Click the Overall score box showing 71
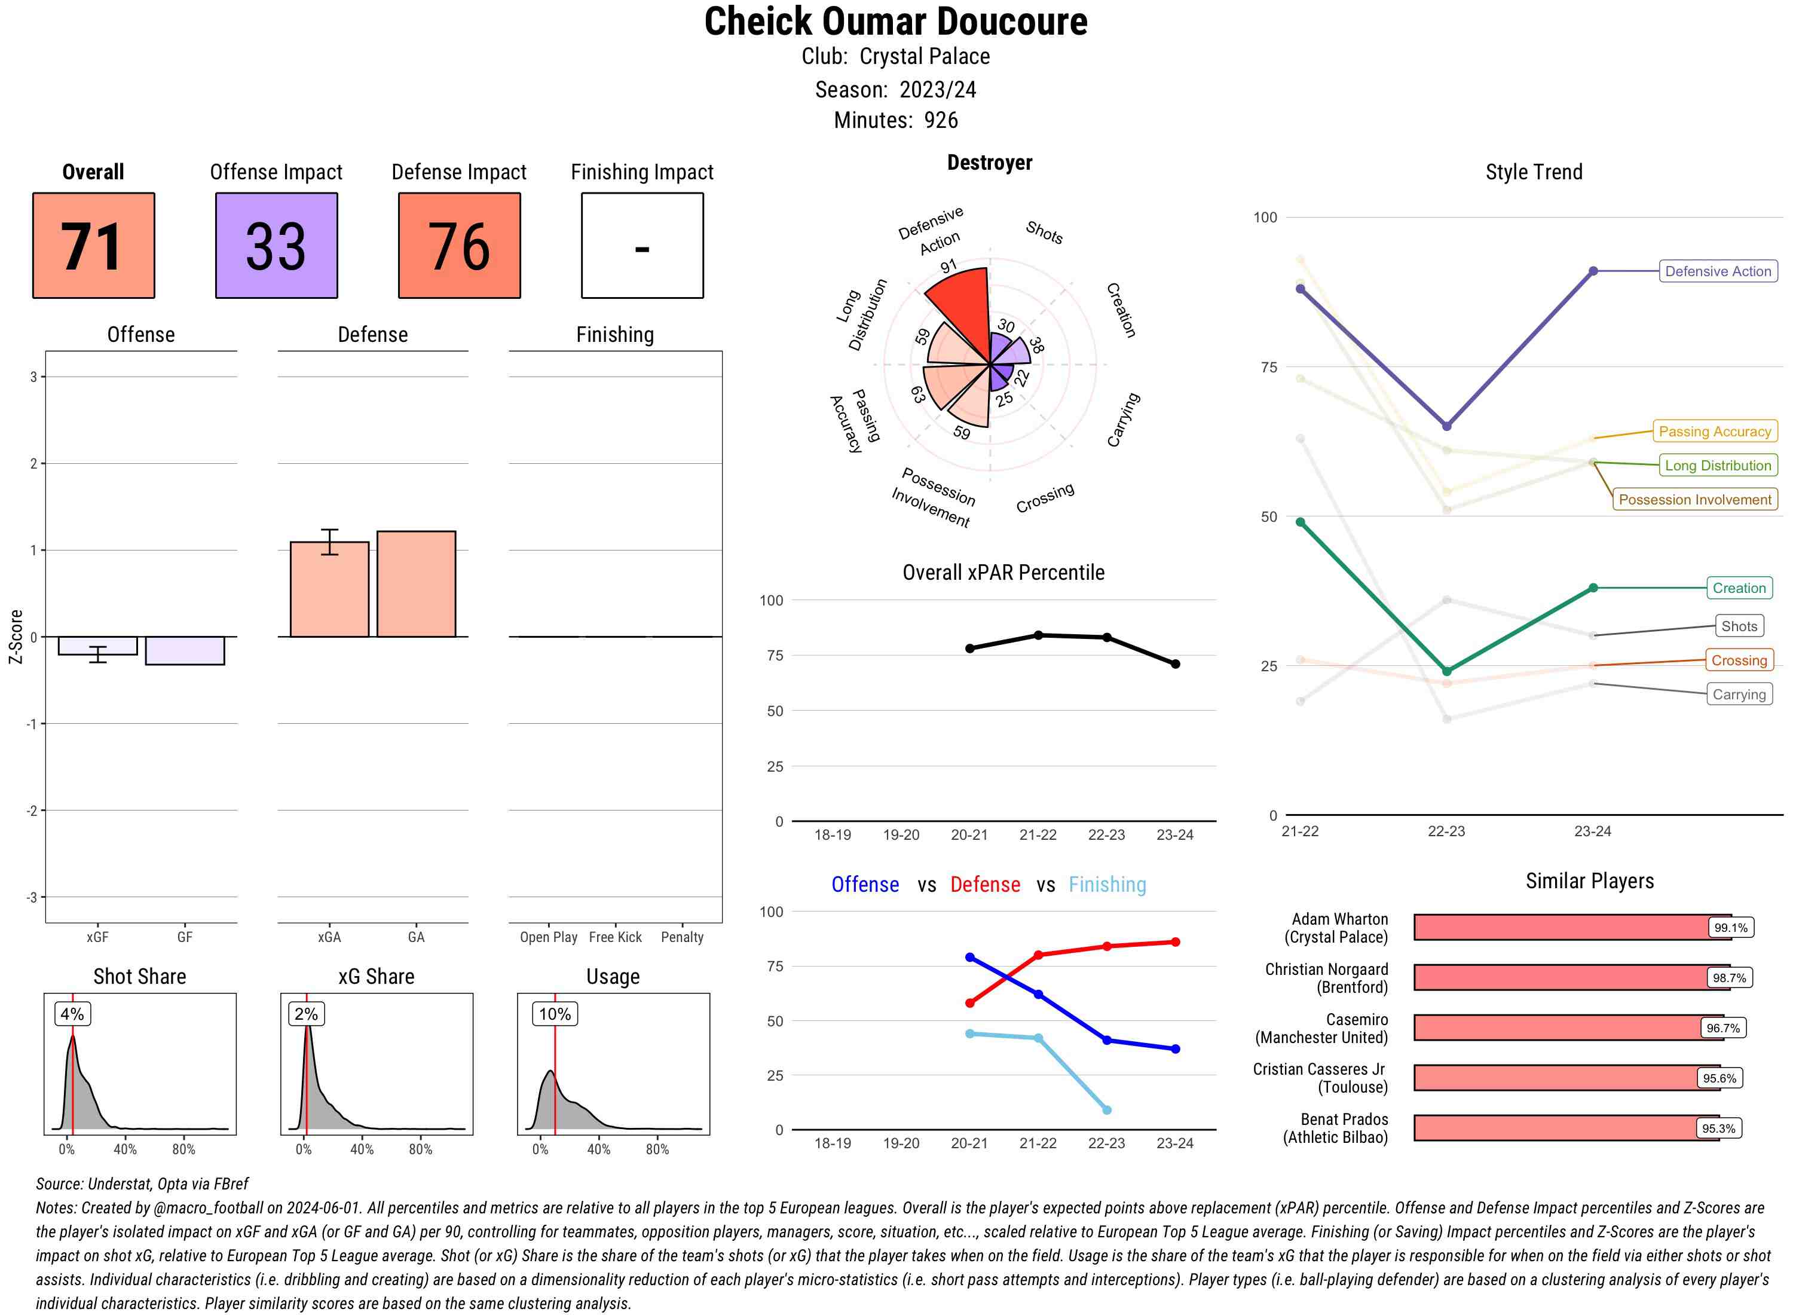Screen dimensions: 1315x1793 click(x=93, y=245)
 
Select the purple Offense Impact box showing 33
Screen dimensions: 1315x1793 click(x=276, y=245)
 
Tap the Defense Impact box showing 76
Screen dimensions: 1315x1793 click(x=459, y=245)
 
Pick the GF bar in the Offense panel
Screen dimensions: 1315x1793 click(x=185, y=650)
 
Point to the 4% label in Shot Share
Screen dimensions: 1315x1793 click(x=72, y=1013)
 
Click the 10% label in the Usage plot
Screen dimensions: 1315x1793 click(x=555, y=1013)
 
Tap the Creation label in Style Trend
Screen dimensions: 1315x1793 click(x=1738, y=588)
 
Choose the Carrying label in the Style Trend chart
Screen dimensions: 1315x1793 click(x=1738, y=694)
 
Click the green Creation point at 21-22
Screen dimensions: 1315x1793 click(x=1301, y=522)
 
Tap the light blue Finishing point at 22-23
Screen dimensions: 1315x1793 click(x=1107, y=1109)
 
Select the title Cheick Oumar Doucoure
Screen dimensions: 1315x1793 click(x=896, y=22)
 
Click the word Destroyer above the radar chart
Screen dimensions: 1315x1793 click(x=989, y=163)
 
